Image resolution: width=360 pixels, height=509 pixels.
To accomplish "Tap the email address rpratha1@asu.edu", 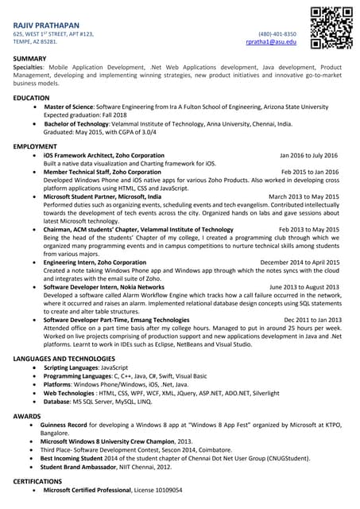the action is pyautogui.click(x=275, y=42).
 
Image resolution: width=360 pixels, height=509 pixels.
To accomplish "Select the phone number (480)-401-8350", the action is pyautogui.click(x=277, y=34).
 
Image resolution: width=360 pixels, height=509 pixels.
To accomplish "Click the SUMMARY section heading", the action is pyautogui.click(x=30, y=60).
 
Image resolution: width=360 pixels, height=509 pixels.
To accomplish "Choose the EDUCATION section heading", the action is pyautogui.click(x=32, y=98).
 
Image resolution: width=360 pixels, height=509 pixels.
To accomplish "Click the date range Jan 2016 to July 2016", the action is pyautogui.click(x=309, y=156).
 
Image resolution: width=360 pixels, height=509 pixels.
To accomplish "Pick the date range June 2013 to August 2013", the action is pyautogui.click(x=306, y=286).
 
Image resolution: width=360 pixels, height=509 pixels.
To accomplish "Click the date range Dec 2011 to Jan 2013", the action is pyautogui.click(x=312, y=320).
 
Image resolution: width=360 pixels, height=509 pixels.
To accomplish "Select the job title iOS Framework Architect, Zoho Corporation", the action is pyautogui.click(x=104, y=156).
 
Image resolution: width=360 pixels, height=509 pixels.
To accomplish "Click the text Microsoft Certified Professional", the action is pyautogui.click(x=92, y=491).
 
